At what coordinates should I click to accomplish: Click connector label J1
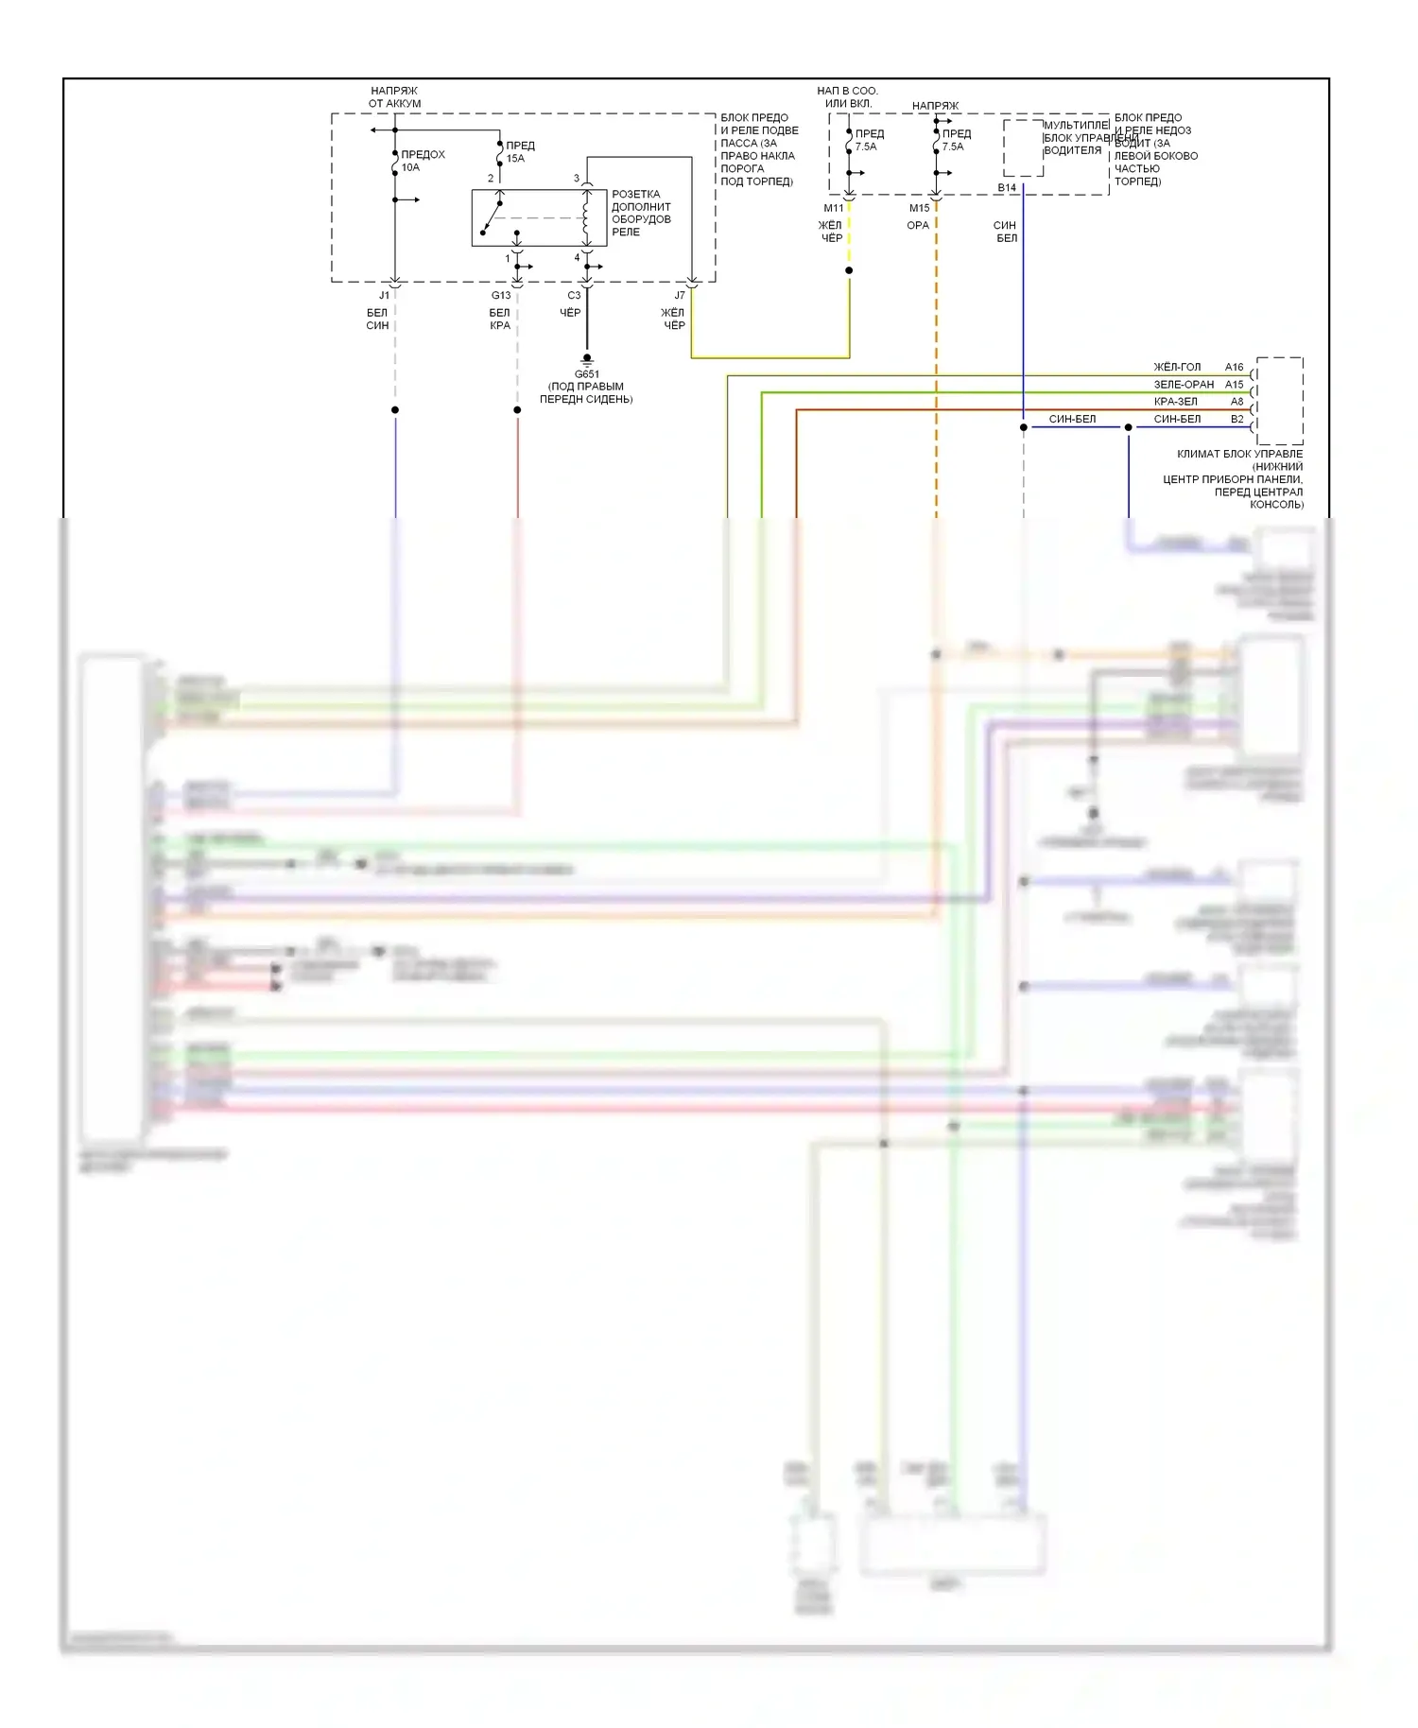[384, 296]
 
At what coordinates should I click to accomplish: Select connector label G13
[501, 296]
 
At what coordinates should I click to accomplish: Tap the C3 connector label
[574, 296]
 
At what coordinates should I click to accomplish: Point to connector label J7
[680, 296]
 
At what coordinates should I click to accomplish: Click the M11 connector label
[834, 209]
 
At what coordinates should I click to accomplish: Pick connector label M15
[920, 209]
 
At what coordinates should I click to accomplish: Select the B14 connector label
[1007, 188]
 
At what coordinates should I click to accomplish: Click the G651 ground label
[587, 374]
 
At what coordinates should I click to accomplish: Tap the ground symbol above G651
[587, 359]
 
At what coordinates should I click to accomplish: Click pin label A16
[1235, 368]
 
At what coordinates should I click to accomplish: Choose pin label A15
[1235, 385]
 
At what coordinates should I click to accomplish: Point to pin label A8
[1237, 402]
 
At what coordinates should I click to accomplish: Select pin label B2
[1237, 420]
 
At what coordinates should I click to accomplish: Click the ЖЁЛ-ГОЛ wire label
[1177, 368]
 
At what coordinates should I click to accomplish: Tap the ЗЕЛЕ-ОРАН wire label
[1184, 385]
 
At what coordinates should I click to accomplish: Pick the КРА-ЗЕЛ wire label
[1176, 402]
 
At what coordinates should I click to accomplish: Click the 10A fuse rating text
[410, 168]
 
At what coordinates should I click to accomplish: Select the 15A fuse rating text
[515, 159]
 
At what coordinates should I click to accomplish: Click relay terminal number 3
[577, 179]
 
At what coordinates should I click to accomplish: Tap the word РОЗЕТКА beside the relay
[636, 195]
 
